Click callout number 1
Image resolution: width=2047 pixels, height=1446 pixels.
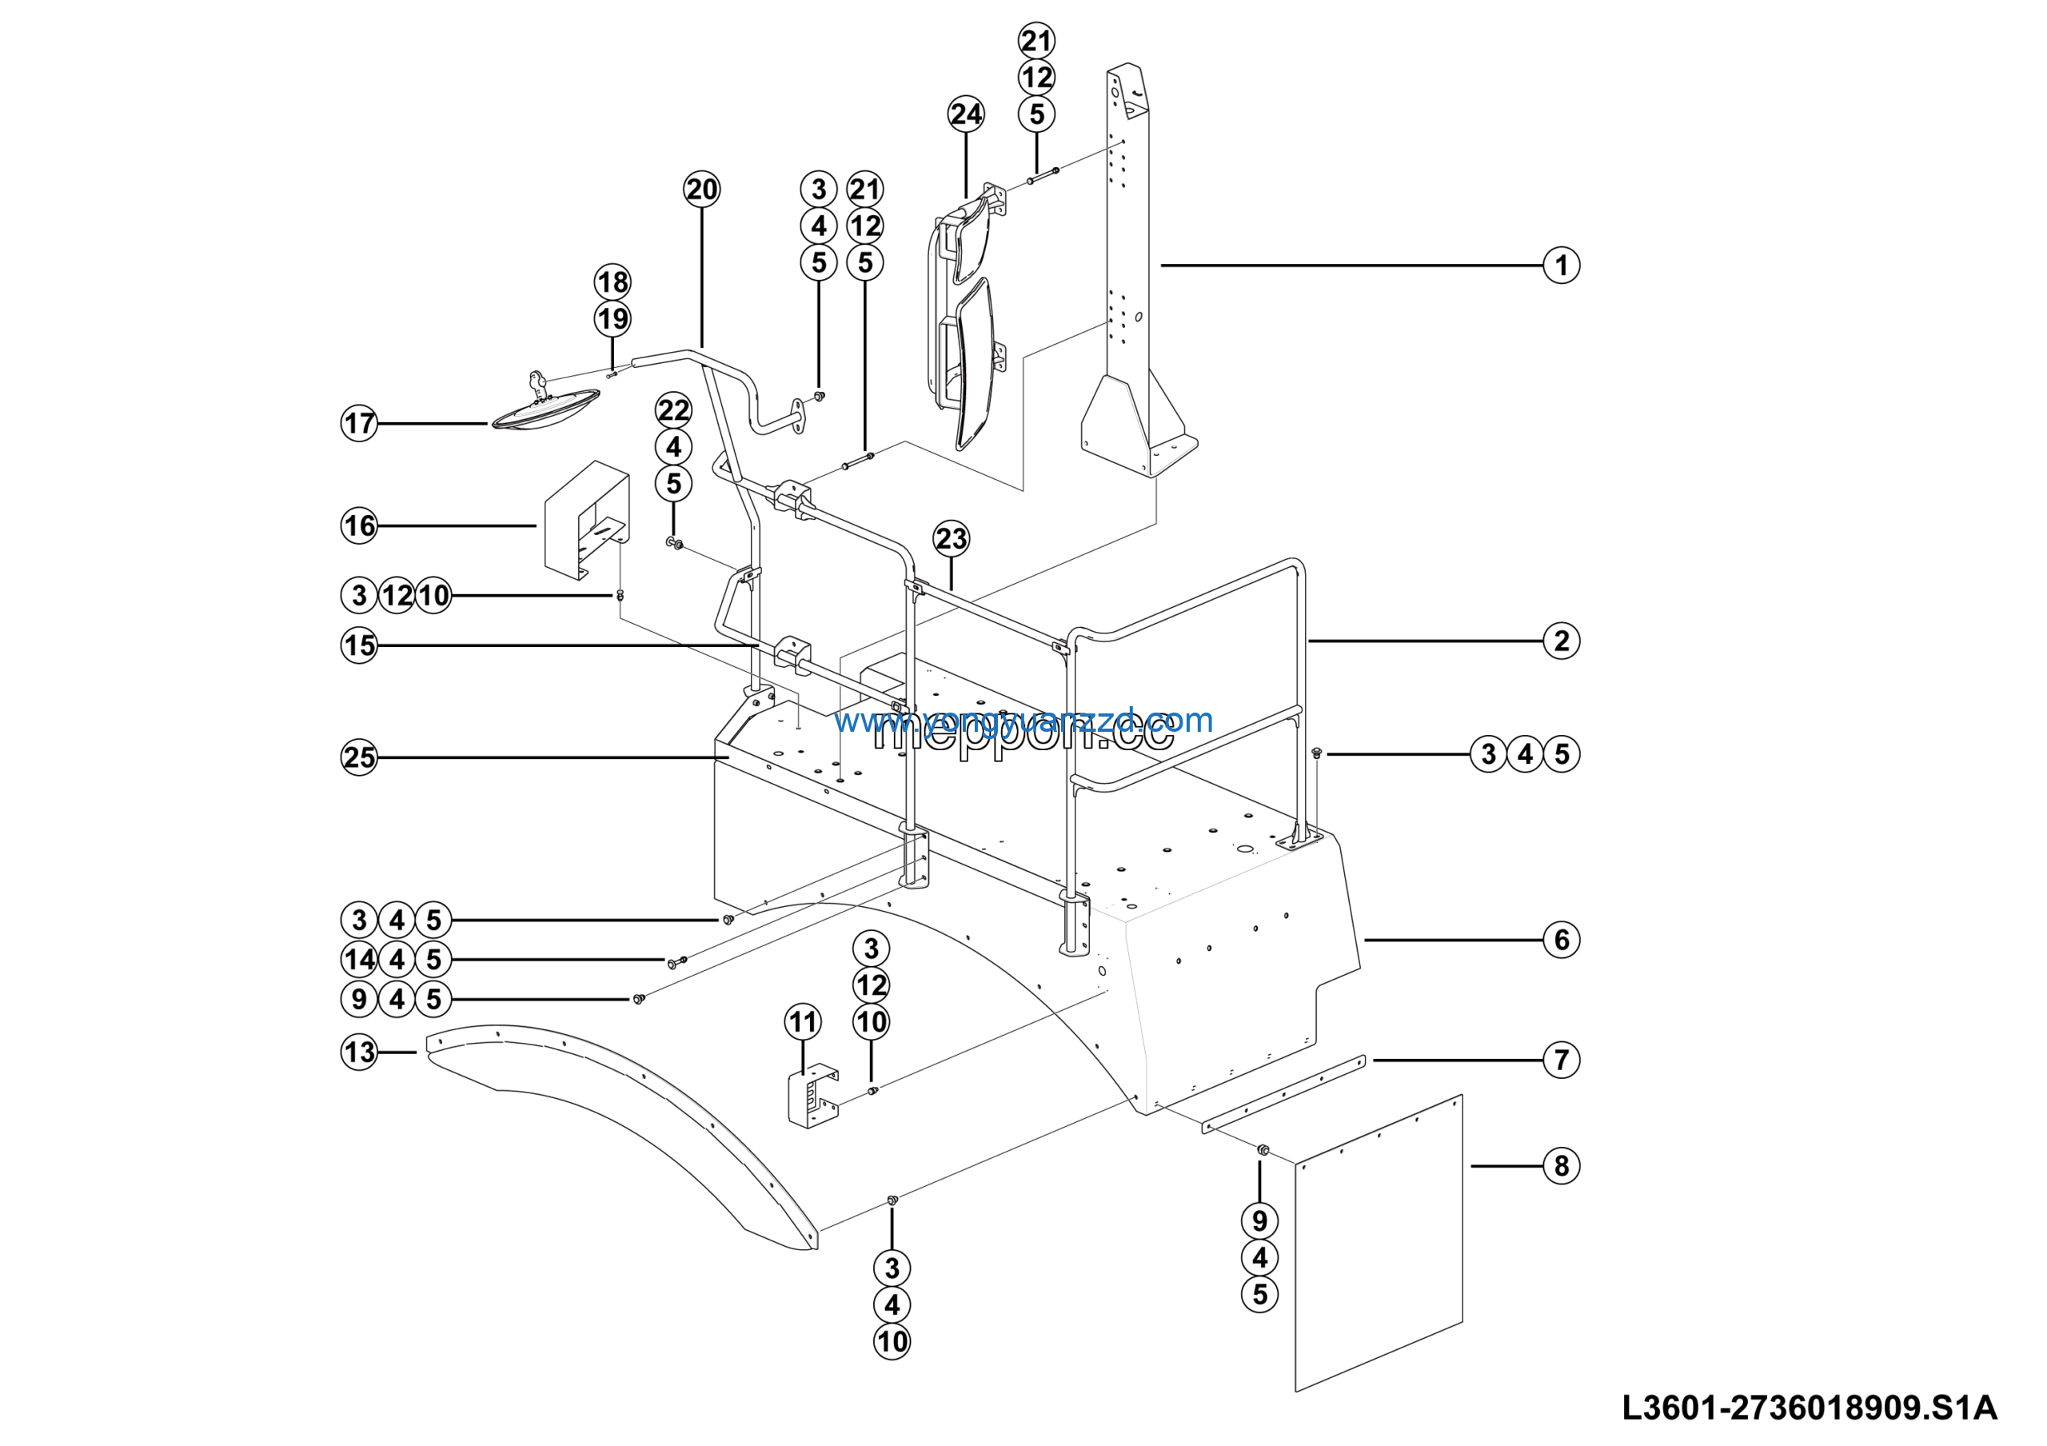coord(1560,265)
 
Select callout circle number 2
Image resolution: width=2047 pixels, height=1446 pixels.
coord(1560,641)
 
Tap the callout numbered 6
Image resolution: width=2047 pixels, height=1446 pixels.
coord(1560,940)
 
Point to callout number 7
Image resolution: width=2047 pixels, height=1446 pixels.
coord(1560,1060)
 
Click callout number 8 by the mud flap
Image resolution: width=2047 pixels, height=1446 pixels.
coord(1560,1166)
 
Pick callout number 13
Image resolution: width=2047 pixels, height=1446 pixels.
coord(359,1052)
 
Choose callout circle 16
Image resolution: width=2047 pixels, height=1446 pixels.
coord(359,526)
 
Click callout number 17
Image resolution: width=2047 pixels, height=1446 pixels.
coord(359,422)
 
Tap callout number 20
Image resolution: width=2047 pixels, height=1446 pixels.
coord(701,189)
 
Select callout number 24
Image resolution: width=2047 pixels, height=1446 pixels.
coord(966,114)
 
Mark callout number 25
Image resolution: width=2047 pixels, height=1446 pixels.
coord(359,757)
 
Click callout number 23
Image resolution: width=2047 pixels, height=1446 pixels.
coord(952,538)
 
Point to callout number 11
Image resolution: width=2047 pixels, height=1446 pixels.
coord(802,1021)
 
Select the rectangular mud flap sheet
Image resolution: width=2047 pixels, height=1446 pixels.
coord(1378,1244)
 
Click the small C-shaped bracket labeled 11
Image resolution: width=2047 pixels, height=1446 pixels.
coord(812,1096)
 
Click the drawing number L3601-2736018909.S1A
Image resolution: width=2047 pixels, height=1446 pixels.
coord(1809,1408)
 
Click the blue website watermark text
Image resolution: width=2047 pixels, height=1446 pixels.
coord(1023,721)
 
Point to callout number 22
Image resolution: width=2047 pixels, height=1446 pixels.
coord(673,410)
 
